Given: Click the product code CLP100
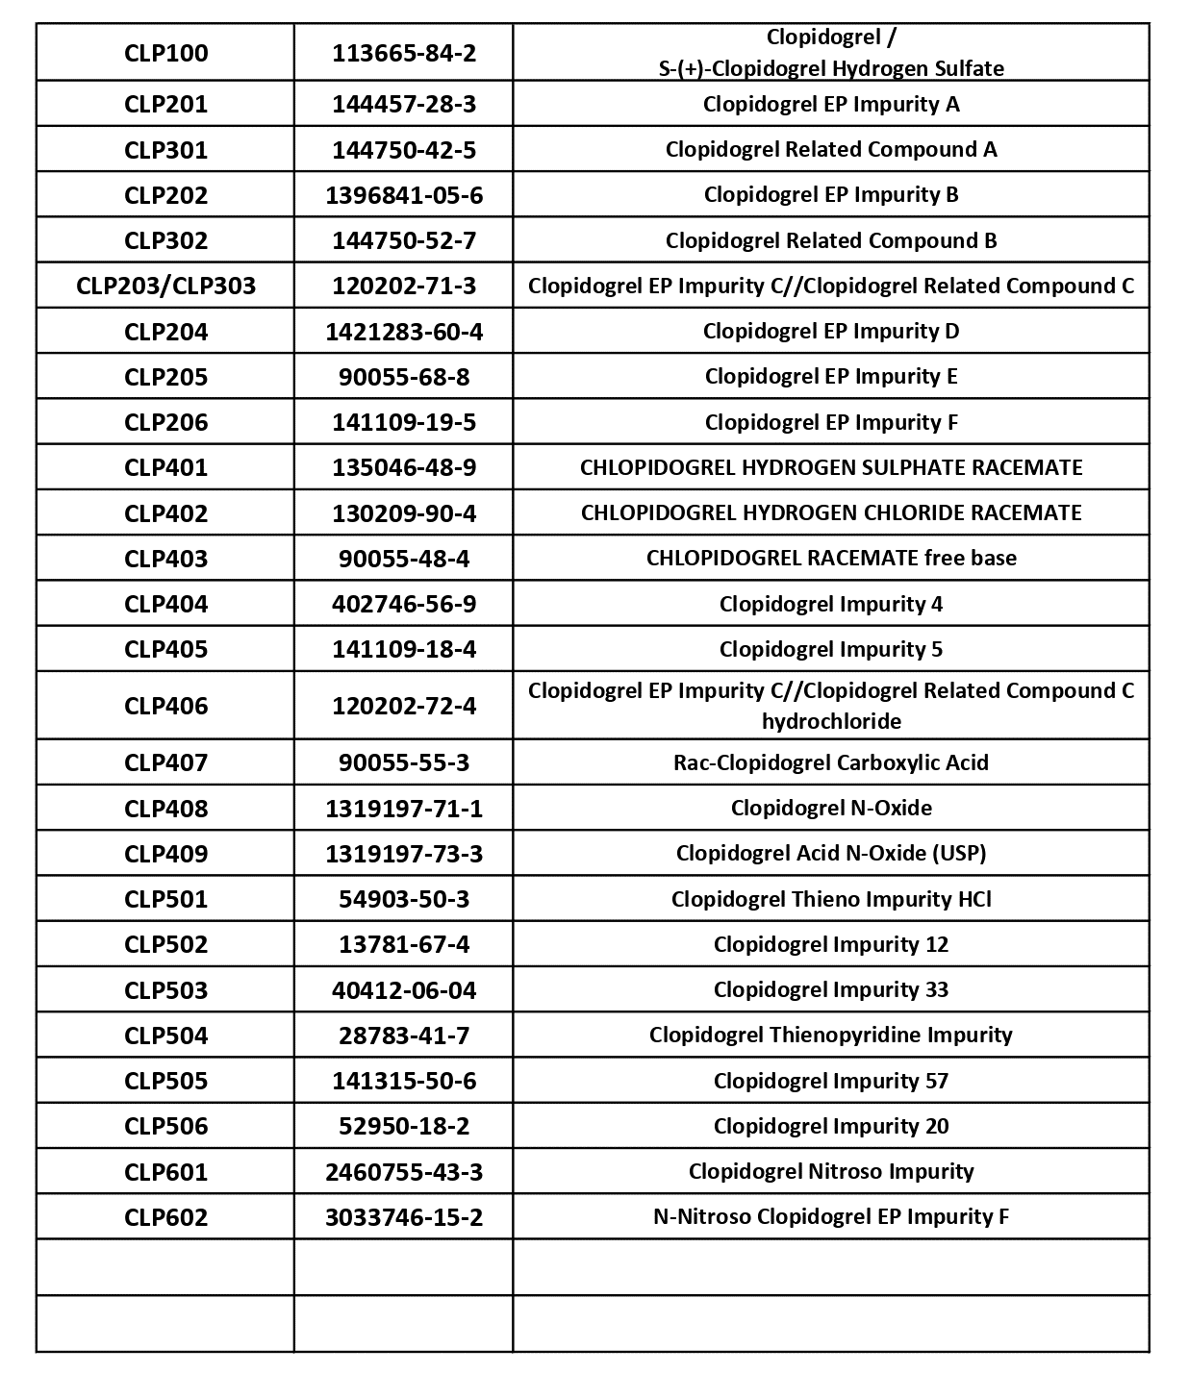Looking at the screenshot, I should coord(165,53).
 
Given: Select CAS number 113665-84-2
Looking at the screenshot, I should coord(404,53).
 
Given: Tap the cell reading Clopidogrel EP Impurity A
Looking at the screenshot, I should coord(831,104).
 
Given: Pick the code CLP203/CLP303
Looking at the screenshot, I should coord(165,286).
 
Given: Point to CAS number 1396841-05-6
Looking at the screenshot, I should coord(404,195).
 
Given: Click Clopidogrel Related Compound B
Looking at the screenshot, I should coord(831,240).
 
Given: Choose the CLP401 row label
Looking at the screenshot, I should coord(165,467).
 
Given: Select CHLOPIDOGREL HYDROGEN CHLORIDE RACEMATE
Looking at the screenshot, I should coord(831,512).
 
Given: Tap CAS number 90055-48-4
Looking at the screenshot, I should coord(404,559).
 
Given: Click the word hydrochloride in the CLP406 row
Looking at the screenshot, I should coord(831,721).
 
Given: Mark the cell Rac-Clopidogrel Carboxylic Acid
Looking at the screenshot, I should coord(831,762).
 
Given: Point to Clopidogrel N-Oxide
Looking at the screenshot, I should coord(831,808).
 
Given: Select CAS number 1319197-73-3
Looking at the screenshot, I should coord(404,854).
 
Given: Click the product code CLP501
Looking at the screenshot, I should coord(165,899).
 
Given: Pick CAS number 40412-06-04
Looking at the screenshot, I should coord(404,990).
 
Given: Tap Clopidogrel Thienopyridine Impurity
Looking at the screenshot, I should coord(831,1035).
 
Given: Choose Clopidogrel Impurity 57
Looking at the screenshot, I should coord(831,1081).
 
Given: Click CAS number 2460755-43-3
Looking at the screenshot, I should coord(404,1172).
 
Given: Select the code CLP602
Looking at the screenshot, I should coord(165,1217).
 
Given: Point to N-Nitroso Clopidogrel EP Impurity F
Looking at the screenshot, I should coord(831,1216).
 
